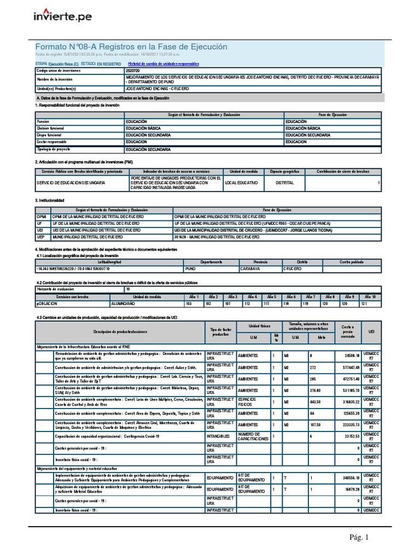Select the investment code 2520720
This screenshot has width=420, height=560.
tap(132, 71)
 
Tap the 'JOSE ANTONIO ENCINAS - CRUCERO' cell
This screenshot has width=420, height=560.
tap(157, 88)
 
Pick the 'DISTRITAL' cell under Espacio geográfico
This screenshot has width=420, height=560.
tap(284, 183)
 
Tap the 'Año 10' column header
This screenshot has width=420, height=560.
tap(370, 296)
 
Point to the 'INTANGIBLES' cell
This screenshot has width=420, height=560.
tap(219, 436)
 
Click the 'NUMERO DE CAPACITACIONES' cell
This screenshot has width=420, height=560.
tap(253, 436)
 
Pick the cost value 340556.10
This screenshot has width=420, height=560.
tap(347, 478)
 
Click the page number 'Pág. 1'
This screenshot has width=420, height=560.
tap(360, 538)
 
